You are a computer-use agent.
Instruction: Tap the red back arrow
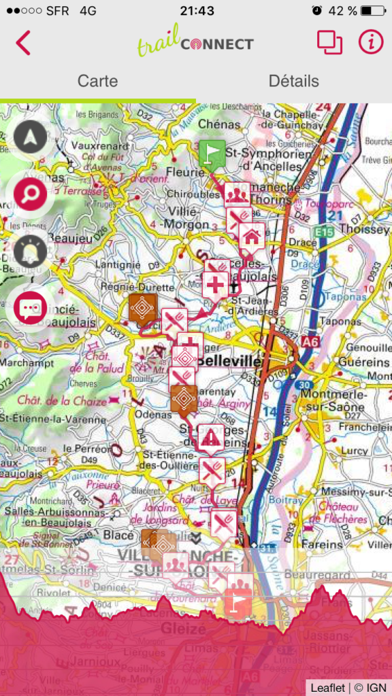click(x=23, y=43)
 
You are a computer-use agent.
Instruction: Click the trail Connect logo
click(x=195, y=41)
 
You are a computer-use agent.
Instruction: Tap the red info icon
click(x=371, y=42)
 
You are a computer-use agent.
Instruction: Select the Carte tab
click(x=97, y=81)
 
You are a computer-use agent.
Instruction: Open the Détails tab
click(x=293, y=81)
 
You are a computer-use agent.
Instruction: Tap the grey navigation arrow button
click(x=30, y=138)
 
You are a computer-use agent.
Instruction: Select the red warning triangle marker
click(x=212, y=437)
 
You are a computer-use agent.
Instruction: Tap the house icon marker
click(x=251, y=237)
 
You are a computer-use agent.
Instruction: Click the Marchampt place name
click(x=27, y=362)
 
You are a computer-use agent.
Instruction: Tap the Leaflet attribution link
click(x=327, y=687)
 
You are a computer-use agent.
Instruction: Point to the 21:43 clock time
click(x=197, y=11)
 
